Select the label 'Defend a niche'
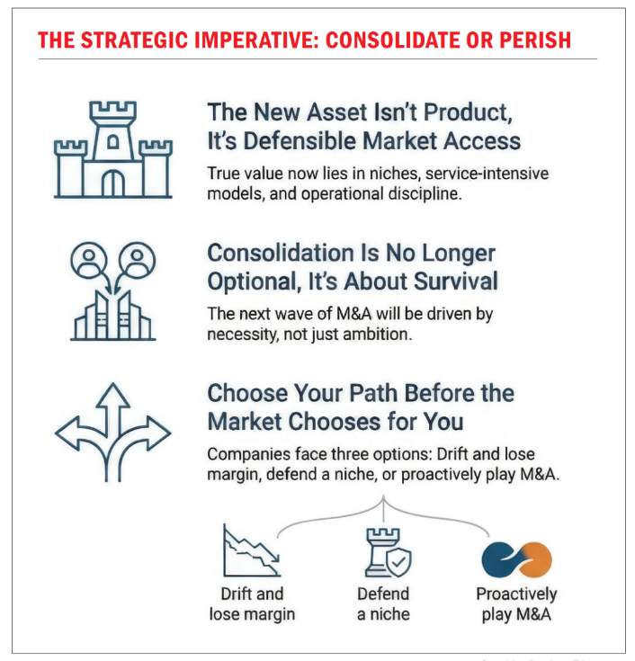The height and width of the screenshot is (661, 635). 383,604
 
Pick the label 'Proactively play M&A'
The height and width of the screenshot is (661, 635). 516,604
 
